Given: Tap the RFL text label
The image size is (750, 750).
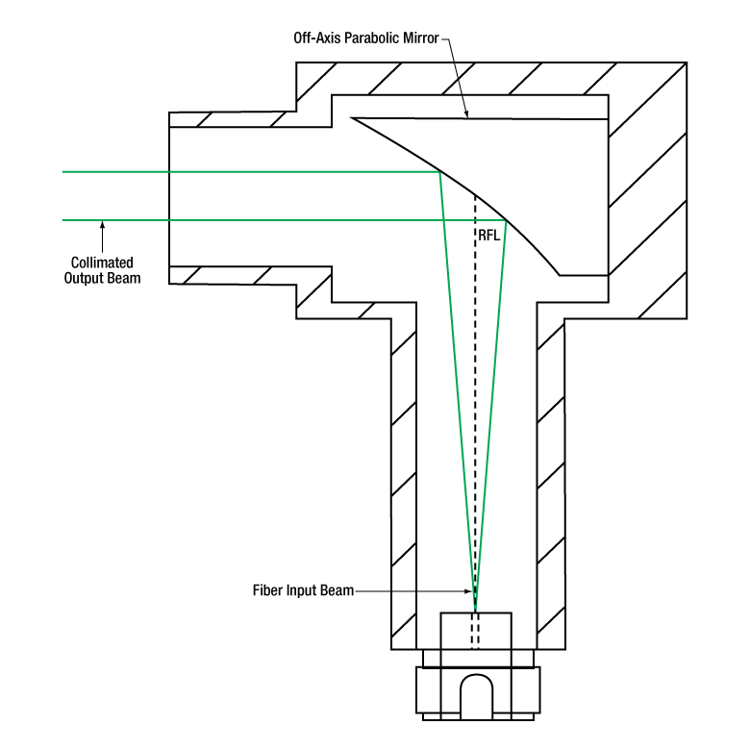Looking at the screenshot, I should pos(489,233).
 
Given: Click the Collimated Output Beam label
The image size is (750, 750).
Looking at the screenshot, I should pos(102,270).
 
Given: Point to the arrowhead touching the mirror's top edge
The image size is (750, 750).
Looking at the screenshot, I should pos(466,114).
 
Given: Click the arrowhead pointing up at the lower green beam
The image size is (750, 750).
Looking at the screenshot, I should pos(102,227).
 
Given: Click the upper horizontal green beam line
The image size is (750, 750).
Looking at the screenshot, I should pos(240,172).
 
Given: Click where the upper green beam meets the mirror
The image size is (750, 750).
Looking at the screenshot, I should pos(439,172).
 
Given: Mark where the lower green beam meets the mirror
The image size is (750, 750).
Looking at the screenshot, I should pos(506,220).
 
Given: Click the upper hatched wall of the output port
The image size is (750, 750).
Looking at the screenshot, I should pos(231,119).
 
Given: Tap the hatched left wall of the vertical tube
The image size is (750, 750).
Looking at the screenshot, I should pos(403,481).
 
